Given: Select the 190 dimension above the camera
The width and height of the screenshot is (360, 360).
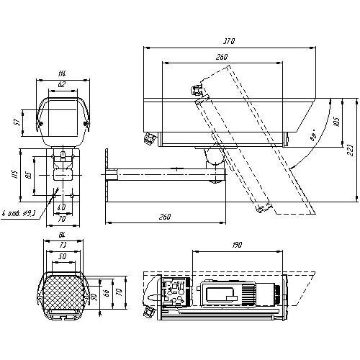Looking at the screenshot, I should (x=237, y=246).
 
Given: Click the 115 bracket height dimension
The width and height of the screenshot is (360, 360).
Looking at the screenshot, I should (x=24, y=176).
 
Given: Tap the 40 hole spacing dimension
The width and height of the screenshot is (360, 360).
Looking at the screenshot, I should (x=61, y=208).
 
